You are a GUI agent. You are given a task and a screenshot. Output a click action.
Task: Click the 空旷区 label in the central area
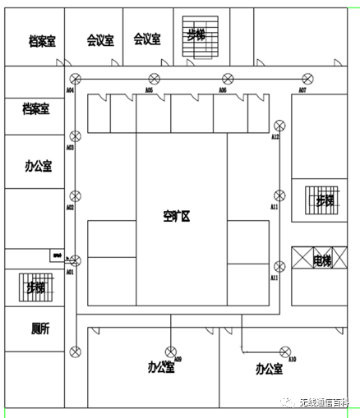pyautogui.click(x=176, y=217)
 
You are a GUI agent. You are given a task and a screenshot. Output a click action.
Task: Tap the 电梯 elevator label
pyautogui.click(x=323, y=261)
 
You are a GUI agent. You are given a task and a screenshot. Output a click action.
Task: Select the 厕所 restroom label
pyautogui.click(x=40, y=328)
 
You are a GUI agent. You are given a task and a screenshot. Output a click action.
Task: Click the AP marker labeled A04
pyautogui.click(x=75, y=79)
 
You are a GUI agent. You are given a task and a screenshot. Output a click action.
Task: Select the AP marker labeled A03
pyautogui.click(x=75, y=136)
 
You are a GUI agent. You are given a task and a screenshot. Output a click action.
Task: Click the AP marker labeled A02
pyautogui.click(x=75, y=196)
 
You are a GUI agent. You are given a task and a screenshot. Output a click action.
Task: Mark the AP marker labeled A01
pyautogui.click(x=75, y=260)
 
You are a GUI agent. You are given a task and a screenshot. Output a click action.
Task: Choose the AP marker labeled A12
pyautogui.click(x=279, y=125)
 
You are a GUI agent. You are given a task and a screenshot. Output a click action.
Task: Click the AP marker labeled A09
pyautogui.click(x=170, y=348)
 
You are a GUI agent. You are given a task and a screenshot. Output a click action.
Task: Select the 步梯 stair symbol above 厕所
pyautogui.click(x=35, y=287)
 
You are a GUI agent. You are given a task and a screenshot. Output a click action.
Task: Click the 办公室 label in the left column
pyautogui.click(x=38, y=166)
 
